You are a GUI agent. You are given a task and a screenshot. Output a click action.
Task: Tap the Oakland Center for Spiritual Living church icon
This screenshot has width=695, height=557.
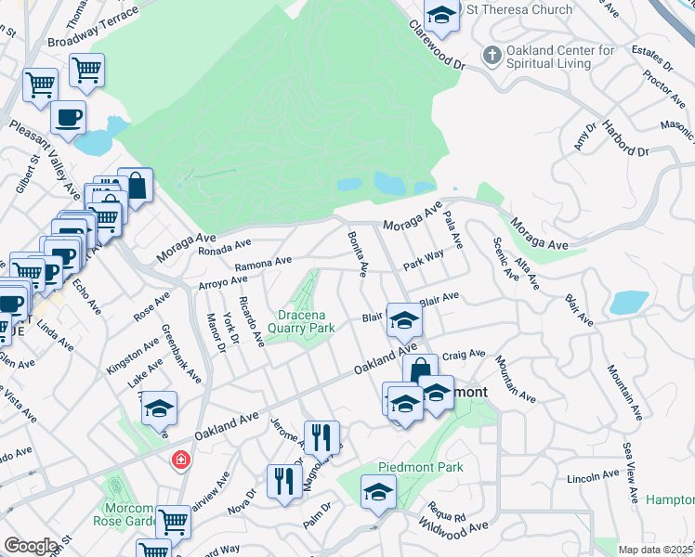click(492, 57)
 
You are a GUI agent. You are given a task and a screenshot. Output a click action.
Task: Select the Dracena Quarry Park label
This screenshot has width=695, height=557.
click(301, 321)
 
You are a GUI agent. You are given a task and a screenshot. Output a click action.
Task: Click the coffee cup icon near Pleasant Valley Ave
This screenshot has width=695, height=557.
click(69, 118)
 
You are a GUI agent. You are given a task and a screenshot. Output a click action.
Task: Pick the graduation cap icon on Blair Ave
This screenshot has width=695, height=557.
click(404, 320)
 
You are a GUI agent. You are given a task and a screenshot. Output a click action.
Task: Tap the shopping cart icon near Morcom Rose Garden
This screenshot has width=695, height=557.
click(173, 522)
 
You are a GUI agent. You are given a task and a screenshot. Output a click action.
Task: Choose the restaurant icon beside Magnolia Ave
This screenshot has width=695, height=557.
click(321, 436)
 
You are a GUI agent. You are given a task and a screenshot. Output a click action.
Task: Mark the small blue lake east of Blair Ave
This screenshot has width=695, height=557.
click(629, 304)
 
